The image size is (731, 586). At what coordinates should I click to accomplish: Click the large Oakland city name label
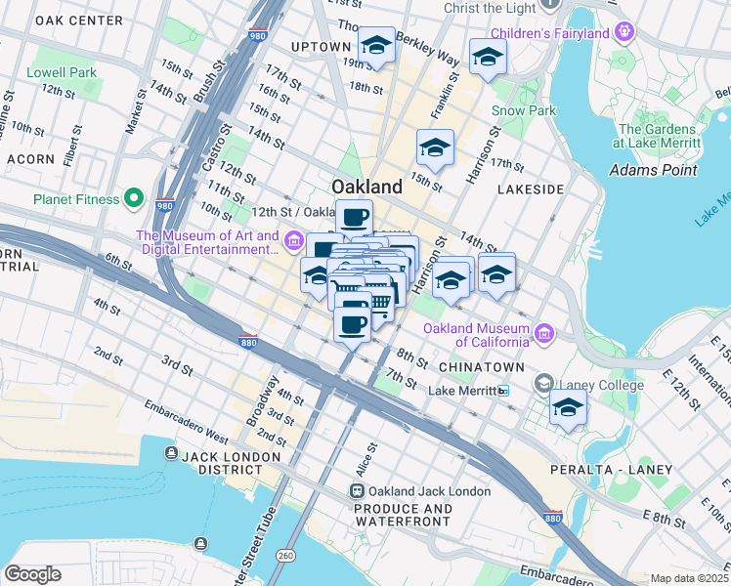click(366, 187)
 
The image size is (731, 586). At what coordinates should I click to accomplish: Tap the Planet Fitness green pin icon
click(134, 199)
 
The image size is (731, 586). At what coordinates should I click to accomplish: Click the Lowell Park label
click(62, 72)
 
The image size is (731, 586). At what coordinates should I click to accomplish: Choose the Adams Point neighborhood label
click(654, 170)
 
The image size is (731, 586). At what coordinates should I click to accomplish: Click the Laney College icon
click(544, 385)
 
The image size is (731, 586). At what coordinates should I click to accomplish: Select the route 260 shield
click(285, 556)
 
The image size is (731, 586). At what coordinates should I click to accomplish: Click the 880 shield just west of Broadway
click(248, 340)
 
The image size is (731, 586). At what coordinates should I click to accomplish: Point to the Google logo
click(32, 574)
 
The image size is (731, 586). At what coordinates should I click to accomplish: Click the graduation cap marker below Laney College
click(568, 409)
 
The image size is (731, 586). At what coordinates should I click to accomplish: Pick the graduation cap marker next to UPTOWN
click(375, 46)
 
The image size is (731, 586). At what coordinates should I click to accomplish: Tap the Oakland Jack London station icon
click(358, 491)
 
